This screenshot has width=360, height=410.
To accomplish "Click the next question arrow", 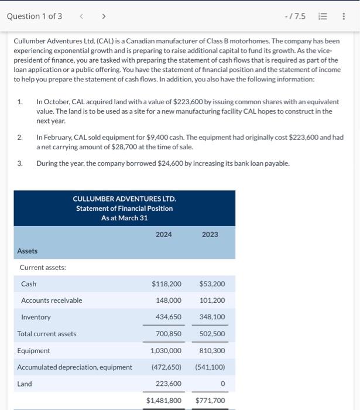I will tap(104, 16).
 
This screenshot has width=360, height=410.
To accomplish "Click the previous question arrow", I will tap(81, 16).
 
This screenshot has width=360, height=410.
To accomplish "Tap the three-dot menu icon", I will tap(343, 16).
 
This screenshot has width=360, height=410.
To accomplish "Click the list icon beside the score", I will tap(322, 16).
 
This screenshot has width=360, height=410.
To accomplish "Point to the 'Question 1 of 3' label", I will tap(34, 16).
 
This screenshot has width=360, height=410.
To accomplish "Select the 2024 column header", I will tap(164, 234).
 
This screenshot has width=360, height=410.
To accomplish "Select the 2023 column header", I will tap(210, 234).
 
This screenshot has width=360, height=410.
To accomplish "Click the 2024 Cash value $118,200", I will tap(166, 284).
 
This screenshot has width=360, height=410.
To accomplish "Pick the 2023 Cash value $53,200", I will tap(212, 284).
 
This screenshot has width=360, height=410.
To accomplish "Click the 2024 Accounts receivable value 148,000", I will tap(169, 300).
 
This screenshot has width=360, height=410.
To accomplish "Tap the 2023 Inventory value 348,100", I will tap(212, 317).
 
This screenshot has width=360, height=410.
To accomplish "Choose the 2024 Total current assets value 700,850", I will tap(169, 334).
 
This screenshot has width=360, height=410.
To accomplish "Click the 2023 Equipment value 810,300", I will tap(212, 350).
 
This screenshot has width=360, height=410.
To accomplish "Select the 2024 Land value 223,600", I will tap(169, 384).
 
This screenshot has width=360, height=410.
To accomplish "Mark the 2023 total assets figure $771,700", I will tap(210, 401).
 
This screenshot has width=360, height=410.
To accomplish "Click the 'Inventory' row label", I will tap(36, 317).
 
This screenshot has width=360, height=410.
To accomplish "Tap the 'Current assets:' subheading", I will tap(43, 268).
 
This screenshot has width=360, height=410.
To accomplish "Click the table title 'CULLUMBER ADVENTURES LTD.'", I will tap(124, 199).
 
